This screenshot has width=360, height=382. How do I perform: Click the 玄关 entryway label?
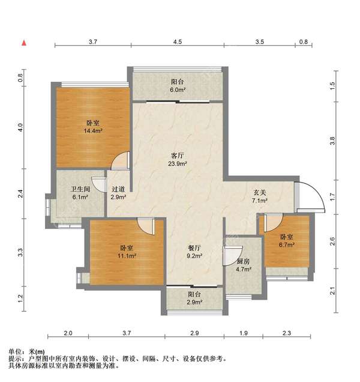point(259,192)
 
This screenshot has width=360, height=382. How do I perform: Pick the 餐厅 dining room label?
point(193,247)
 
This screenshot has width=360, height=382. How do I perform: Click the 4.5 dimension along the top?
point(178,43)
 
